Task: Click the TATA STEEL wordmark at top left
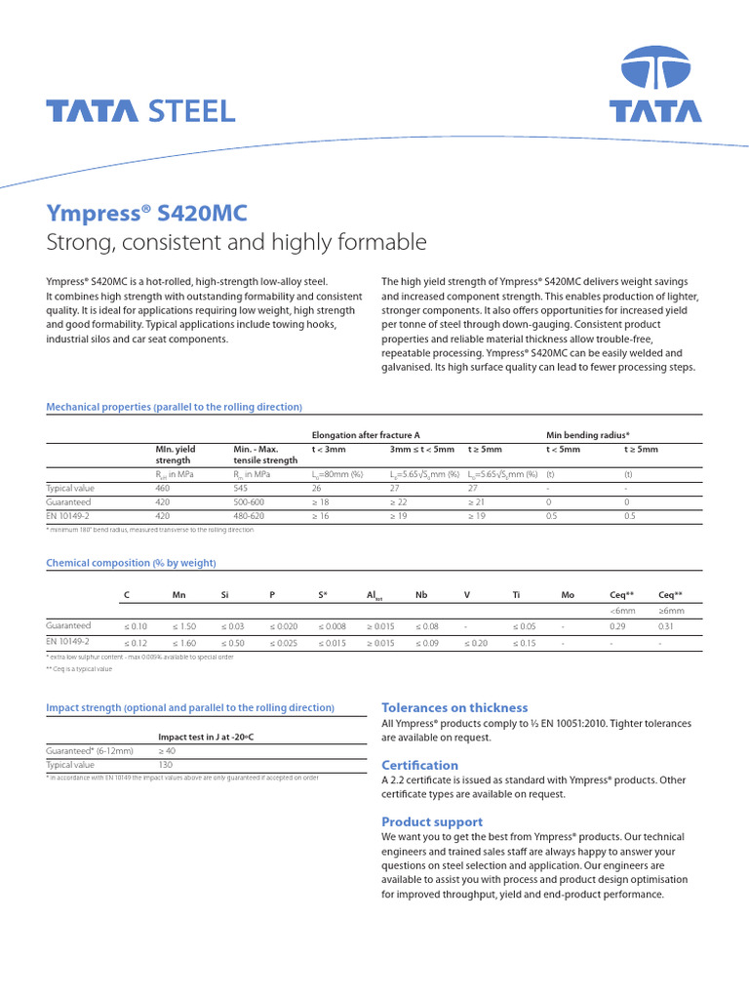[141, 110]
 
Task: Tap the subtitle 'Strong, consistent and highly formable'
[237, 241]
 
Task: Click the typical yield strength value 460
[163, 487]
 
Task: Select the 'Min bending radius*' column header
[587, 434]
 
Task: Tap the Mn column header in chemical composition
[178, 594]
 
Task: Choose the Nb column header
[421, 594]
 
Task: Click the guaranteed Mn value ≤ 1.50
[183, 626]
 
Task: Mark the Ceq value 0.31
[666, 626]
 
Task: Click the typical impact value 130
[165, 766]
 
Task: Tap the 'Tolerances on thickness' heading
[454, 707]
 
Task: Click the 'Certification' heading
[419, 765]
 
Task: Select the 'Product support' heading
[431, 821]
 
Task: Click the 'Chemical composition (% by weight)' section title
[132, 563]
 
